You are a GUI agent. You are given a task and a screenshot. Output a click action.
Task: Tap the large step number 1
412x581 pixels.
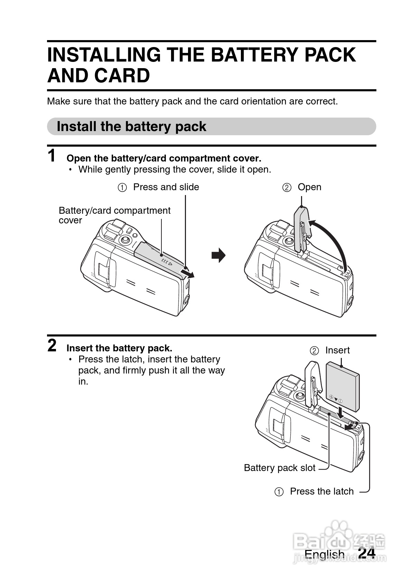[x=51, y=156]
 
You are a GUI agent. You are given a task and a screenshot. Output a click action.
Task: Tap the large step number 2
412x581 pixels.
[x=52, y=345]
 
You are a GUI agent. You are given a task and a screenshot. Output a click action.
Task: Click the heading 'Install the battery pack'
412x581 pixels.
[x=131, y=127]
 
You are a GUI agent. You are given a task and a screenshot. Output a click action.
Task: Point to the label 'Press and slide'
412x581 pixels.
[x=166, y=187]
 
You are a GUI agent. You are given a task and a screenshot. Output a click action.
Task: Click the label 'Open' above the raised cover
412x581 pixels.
[x=309, y=187]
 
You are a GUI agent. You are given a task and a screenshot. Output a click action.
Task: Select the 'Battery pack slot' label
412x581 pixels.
[x=280, y=468]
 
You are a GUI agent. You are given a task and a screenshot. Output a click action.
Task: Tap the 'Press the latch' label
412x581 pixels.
[x=322, y=491]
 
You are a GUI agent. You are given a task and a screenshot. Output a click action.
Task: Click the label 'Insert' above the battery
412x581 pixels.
[x=337, y=350]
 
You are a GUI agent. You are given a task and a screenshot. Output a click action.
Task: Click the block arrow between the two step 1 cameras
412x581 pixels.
[x=218, y=255]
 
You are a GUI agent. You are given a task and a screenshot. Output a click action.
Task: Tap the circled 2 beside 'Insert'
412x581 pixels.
[x=314, y=351]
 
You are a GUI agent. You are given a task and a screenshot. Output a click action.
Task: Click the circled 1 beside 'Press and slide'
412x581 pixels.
[x=122, y=187]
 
